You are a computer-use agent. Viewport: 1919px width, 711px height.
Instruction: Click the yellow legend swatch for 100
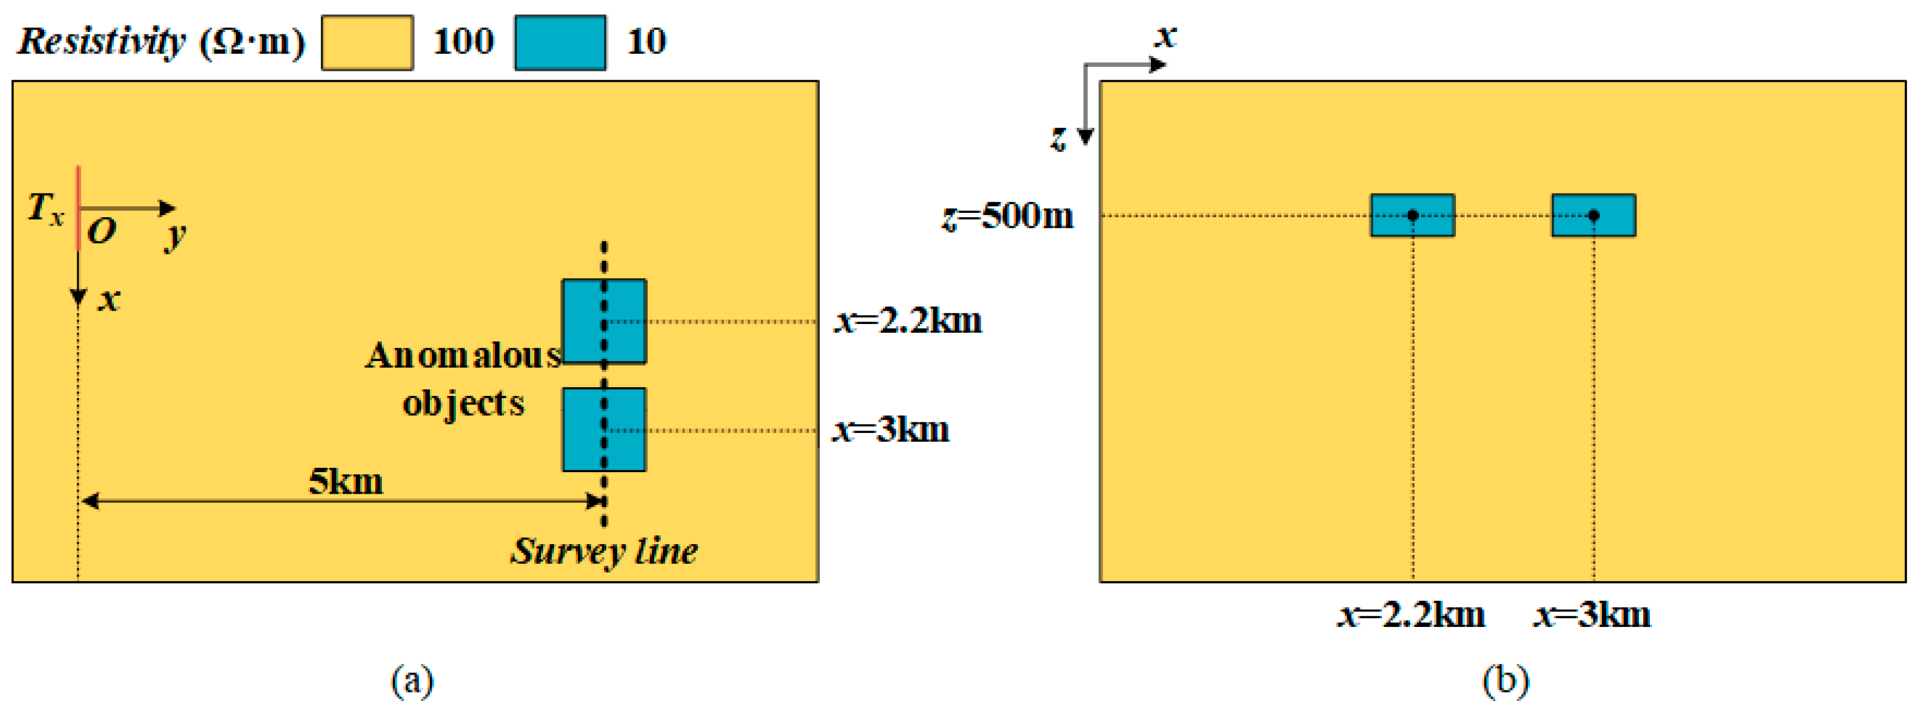coord(367,43)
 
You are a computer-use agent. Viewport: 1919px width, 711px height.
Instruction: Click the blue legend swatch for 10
coord(560,43)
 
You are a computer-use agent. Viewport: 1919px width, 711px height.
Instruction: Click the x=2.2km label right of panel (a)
coord(908,321)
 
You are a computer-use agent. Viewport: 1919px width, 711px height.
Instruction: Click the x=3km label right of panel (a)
coord(891,430)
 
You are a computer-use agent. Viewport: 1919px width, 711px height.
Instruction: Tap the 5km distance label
coord(346,482)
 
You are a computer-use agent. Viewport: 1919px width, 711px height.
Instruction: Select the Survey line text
coord(603,552)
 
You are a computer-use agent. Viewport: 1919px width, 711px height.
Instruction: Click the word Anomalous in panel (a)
coord(462,355)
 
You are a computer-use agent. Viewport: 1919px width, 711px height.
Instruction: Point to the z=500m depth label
coord(1008,216)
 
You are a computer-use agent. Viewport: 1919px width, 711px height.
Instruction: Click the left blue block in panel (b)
coord(1412,216)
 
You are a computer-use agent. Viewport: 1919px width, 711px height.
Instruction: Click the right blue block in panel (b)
coord(1594,216)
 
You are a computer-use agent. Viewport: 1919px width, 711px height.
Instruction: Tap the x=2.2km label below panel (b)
coord(1412,615)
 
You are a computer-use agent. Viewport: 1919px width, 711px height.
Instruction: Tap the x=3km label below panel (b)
coord(1592,615)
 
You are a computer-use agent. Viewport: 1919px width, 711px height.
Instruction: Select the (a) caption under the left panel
coord(412,681)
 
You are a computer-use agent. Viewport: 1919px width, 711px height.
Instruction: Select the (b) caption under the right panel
coord(1506,681)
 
